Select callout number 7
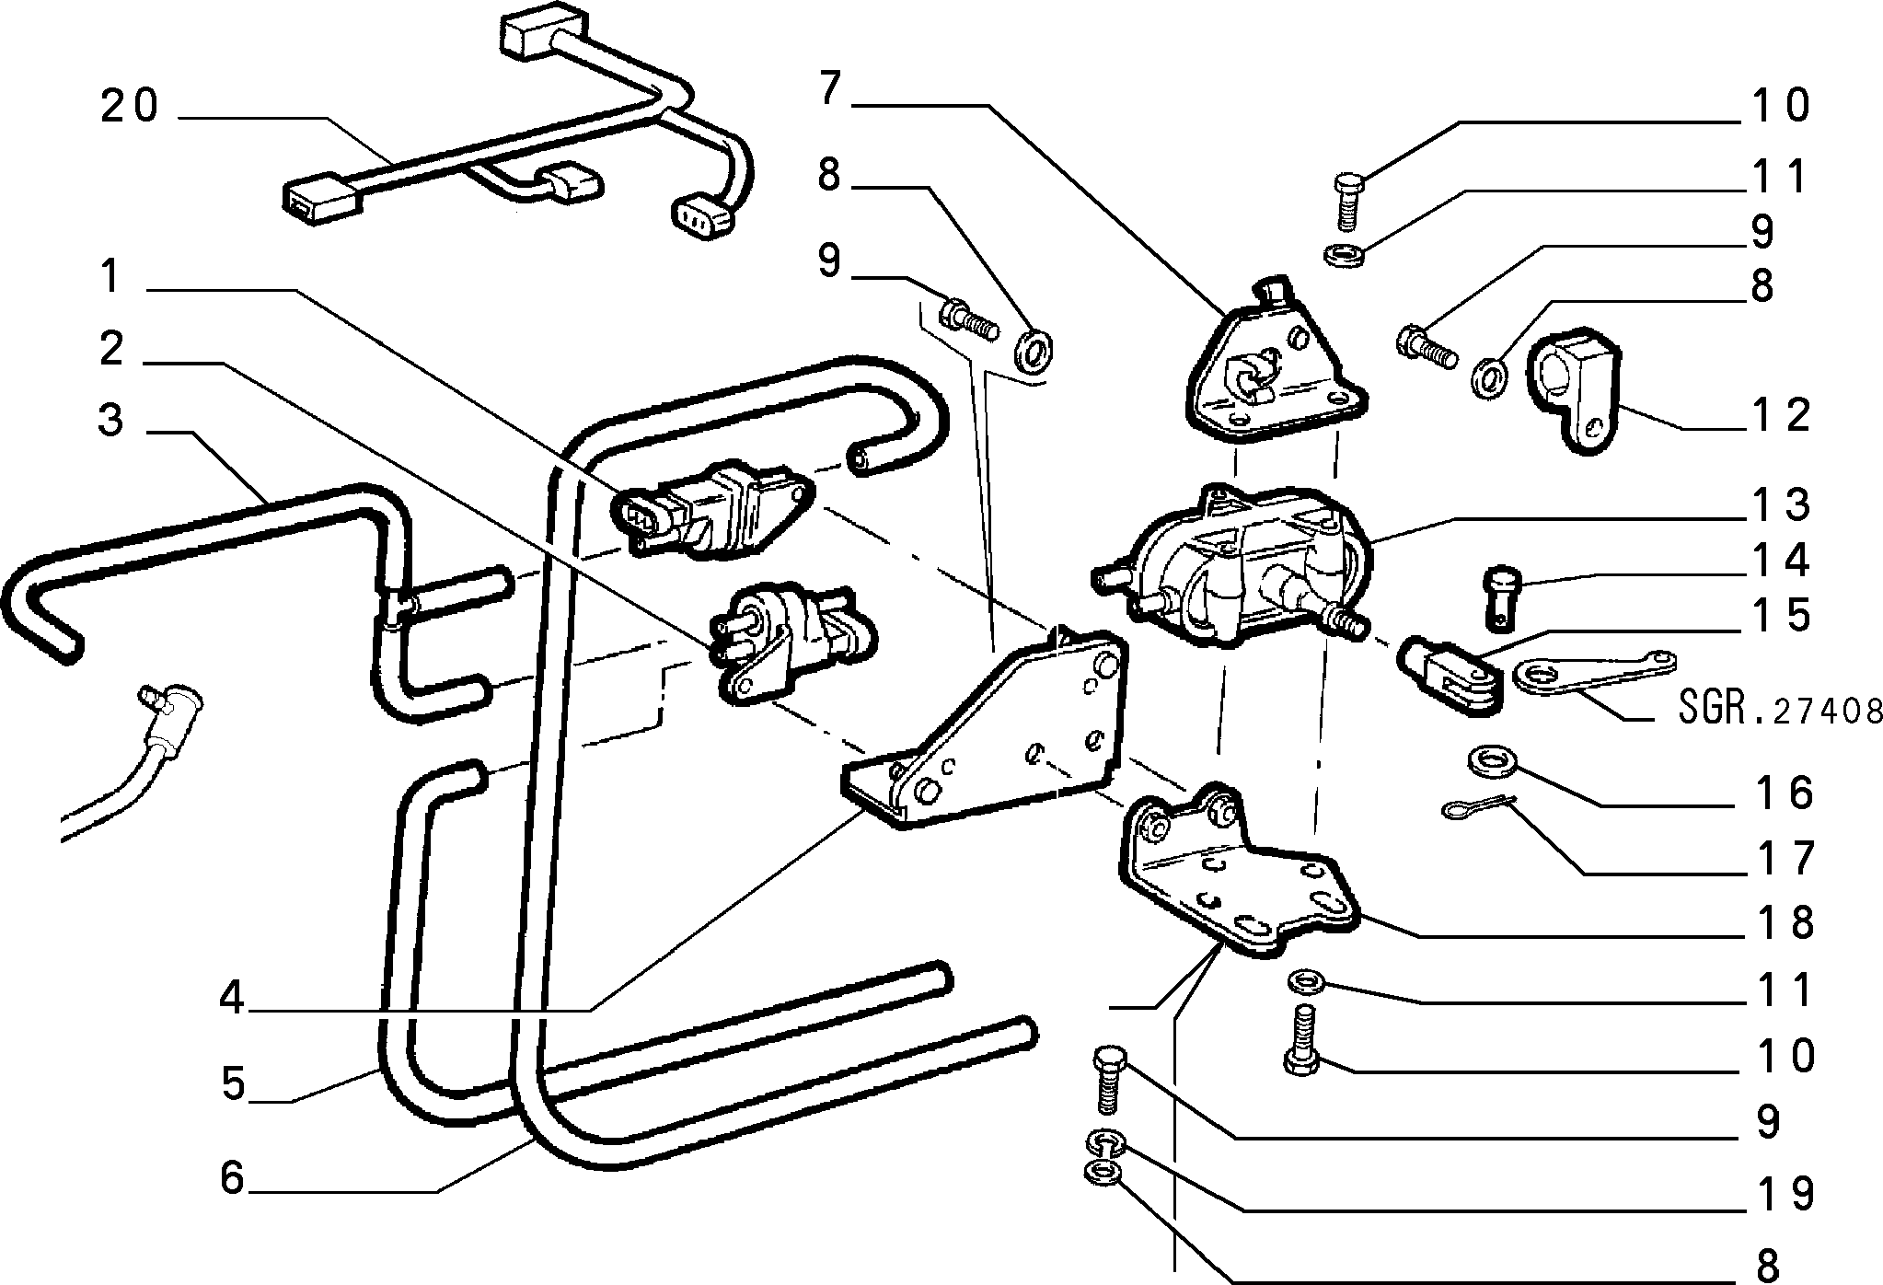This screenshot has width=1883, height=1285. (x=829, y=89)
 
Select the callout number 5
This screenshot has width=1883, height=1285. (x=233, y=1083)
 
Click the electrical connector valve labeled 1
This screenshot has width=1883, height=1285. (x=713, y=514)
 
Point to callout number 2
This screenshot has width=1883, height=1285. (x=111, y=349)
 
